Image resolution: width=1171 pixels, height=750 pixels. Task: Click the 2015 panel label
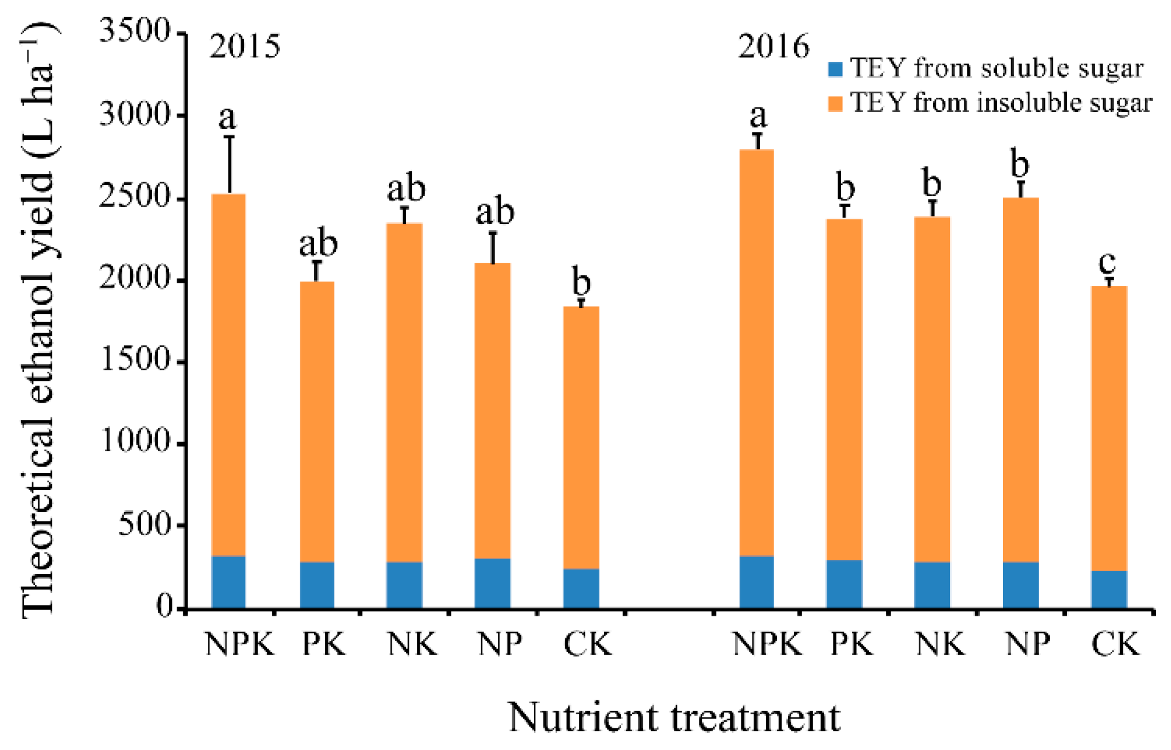tap(245, 47)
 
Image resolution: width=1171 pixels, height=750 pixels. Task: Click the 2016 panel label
tap(774, 47)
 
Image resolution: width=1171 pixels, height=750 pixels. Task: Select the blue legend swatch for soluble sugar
tap(835, 69)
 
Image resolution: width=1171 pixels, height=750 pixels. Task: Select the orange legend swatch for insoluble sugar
tap(835, 104)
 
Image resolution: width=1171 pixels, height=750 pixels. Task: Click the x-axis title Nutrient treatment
tap(674, 717)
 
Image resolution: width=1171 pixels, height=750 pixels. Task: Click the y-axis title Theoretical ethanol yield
tap(39, 320)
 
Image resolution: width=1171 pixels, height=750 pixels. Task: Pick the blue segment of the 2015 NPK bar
tap(228, 581)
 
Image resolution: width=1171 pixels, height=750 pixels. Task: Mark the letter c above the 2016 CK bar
tap(1107, 262)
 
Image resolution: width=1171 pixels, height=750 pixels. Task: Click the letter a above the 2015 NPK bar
tap(227, 118)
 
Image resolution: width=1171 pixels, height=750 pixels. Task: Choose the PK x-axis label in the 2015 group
tap(324, 644)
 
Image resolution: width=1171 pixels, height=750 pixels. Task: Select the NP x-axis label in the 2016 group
tap(1027, 644)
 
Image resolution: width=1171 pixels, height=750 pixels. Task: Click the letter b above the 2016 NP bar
tap(1020, 163)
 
